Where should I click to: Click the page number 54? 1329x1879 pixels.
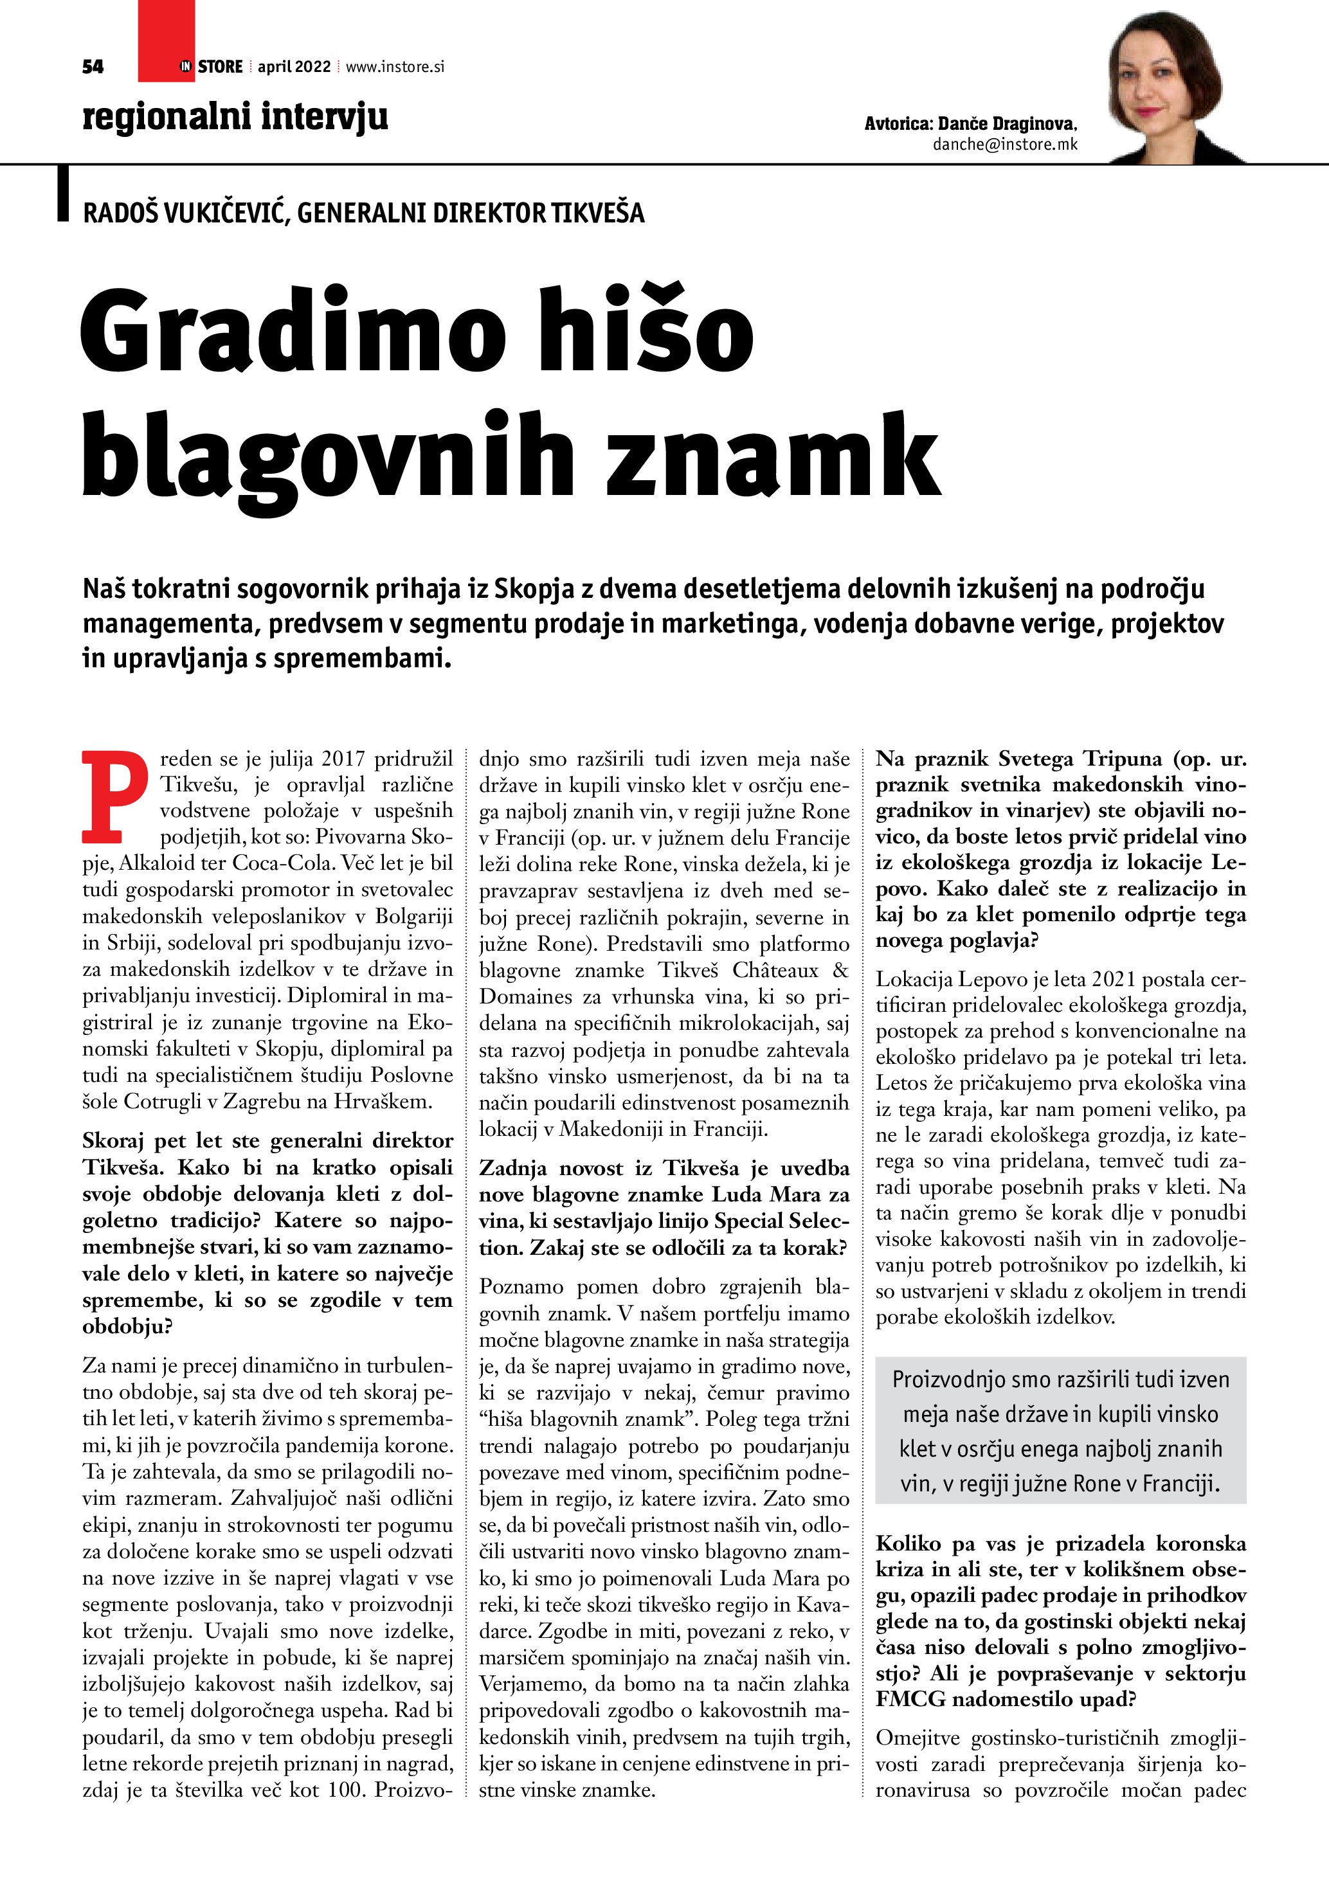(x=93, y=67)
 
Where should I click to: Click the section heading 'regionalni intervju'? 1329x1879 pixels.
(x=235, y=116)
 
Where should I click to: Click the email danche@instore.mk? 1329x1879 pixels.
(x=1004, y=145)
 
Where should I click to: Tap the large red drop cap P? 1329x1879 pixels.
(x=114, y=795)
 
